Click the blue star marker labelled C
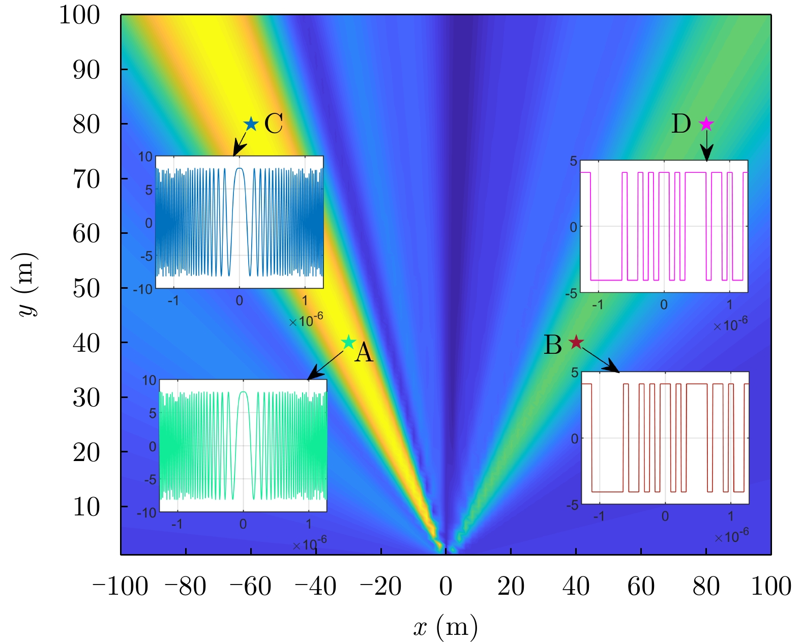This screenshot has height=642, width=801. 251,124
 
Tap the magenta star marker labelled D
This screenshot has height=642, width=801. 706,124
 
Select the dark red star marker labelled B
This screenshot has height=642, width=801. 576,342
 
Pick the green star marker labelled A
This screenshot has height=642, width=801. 348,342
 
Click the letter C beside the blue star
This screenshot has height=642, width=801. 274,124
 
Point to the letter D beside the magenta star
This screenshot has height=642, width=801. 681,124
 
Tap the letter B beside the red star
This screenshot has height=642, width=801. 553,345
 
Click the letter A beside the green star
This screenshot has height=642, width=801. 364,352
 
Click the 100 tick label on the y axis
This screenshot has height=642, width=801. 79,15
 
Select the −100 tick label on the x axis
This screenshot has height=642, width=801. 120,586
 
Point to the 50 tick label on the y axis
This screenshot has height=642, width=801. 86,288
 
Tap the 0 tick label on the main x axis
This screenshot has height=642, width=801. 446,586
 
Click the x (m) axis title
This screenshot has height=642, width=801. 446,627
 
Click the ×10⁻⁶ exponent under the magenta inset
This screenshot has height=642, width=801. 730,324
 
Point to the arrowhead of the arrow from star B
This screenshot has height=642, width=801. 616,370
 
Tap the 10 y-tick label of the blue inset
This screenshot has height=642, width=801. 145,157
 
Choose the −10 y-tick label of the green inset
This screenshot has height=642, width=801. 146,512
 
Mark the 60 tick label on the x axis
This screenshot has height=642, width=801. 641,586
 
